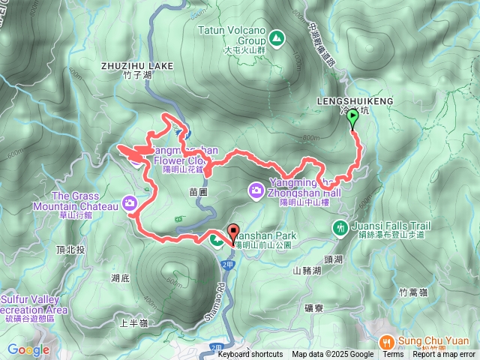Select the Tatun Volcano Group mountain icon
[276, 37]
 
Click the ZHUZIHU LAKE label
[137, 66]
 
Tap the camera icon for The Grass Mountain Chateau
[130, 203]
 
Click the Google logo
[28, 349]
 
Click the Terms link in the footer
[393, 355]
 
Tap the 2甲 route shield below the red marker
[227, 265]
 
